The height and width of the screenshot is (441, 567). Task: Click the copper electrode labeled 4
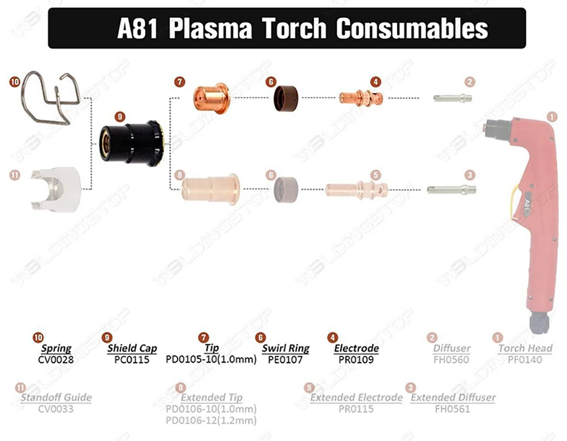click(x=361, y=97)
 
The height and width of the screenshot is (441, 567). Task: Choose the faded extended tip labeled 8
click(x=210, y=188)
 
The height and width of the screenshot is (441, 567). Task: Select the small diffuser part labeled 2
click(x=452, y=98)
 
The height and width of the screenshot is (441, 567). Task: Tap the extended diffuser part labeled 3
click(x=451, y=190)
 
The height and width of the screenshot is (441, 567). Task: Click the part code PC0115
click(x=132, y=359)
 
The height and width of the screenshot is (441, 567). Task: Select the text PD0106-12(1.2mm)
click(x=211, y=420)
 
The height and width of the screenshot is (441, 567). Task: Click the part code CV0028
click(x=56, y=359)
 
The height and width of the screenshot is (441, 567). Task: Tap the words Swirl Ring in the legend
click(x=286, y=348)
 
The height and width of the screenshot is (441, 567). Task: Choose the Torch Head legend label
click(x=524, y=348)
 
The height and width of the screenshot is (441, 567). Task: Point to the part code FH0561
click(x=453, y=409)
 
